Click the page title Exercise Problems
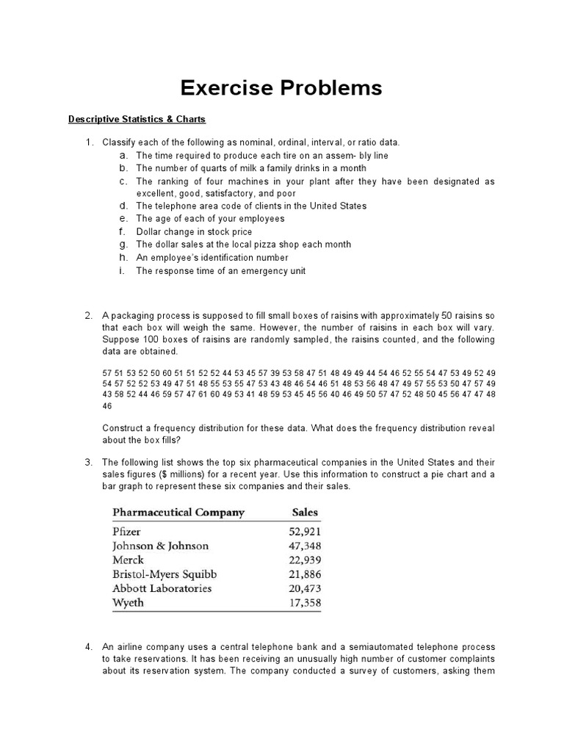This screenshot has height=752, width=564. [282, 88]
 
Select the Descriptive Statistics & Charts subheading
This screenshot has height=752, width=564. [137, 119]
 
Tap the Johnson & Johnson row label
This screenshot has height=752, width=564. [160, 546]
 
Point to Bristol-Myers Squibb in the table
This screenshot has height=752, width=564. [164, 574]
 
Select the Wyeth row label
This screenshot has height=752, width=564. [128, 602]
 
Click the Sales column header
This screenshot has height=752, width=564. [305, 512]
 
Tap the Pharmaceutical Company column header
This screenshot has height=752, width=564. [178, 512]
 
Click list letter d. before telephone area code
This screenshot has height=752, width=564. [123, 206]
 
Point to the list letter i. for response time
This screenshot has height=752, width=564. [123, 270]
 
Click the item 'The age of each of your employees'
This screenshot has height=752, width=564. [210, 219]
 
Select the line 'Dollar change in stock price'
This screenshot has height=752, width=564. [194, 231]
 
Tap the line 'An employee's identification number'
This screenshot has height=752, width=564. [211, 258]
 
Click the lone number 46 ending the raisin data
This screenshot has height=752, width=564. [107, 405]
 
